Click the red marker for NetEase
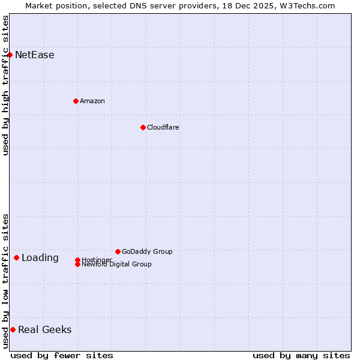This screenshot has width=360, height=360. click(10, 55)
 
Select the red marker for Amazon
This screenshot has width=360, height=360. click(76, 101)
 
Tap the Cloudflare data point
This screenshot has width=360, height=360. click(143, 127)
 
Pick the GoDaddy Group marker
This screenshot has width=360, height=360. click(118, 251)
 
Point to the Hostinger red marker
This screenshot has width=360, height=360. click(77, 260)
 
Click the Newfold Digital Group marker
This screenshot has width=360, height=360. click(77, 265)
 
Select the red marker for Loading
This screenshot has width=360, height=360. click(16, 257)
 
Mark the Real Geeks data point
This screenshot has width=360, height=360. click(13, 329)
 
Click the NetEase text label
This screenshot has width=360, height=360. click(35, 55)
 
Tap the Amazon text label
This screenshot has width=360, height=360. click(92, 101)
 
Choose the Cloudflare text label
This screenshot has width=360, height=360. click(163, 127)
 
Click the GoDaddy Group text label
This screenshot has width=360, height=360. click(147, 251)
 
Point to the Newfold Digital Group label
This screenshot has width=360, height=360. click(116, 265)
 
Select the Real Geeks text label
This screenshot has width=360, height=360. click(45, 329)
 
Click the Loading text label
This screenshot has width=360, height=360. click(40, 258)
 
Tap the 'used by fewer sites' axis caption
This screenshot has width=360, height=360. click(62, 356)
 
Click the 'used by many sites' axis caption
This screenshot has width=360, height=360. click(301, 356)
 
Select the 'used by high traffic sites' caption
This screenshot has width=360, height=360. click(5, 85)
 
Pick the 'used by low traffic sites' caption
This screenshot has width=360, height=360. click(5, 281)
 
